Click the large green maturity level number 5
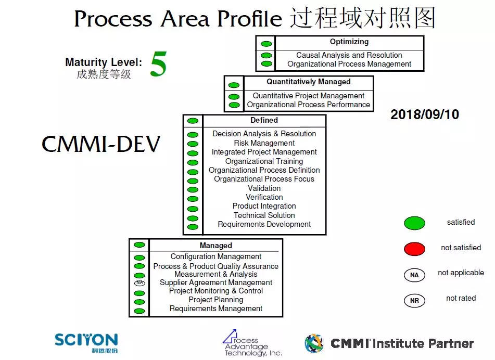click(158, 65)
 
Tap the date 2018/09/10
click(425, 114)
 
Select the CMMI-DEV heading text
click(100, 144)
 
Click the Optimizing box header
click(349, 42)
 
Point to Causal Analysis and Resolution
click(349, 55)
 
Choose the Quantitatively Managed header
click(308, 82)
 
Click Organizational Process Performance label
click(308, 105)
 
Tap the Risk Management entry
click(264, 143)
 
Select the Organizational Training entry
click(264, 161)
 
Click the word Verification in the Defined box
click(264, 197)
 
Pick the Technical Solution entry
click(264, 215)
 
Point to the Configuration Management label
click(215, 256)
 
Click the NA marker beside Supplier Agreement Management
click(139, 283)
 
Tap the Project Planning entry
click(215, 300)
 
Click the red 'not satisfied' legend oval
click(414, 249)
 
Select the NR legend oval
click(414, 300)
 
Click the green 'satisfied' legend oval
click(414, 223)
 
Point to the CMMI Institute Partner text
click(402, 343)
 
